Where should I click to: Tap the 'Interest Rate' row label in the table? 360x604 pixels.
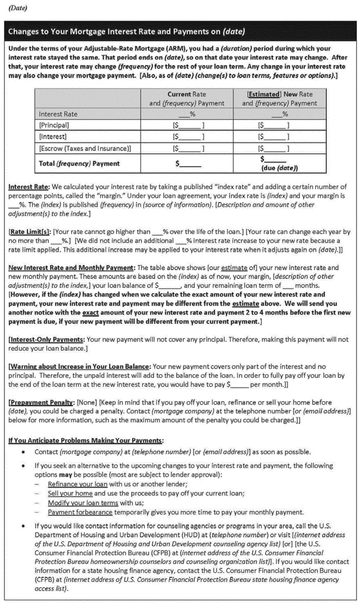point(58,114)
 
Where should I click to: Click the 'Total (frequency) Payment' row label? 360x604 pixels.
point(79,163)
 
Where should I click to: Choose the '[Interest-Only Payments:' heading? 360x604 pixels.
point(48,340)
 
